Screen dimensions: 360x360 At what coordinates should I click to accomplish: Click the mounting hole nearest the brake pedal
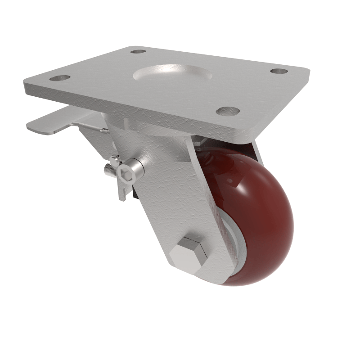[60, 78]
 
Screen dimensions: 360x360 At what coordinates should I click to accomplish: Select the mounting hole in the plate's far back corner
[139, 51]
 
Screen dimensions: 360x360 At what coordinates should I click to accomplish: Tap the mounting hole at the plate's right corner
[279, 71]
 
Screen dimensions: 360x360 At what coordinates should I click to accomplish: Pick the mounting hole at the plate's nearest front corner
[228, 111]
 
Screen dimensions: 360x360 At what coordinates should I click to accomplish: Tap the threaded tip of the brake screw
[108, 170]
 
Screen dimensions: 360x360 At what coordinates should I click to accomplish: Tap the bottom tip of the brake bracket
[121, 198]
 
